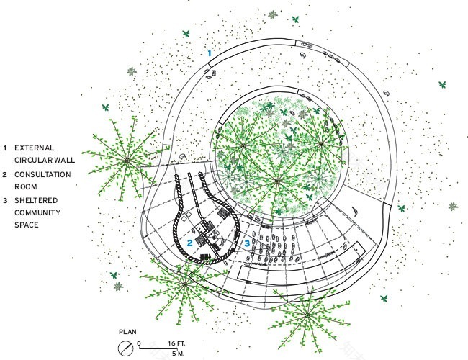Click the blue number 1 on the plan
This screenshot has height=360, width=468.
pyautogui.click(x=210, y=53)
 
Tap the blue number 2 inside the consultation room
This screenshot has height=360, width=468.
pyautogui.click(x=190, y=243)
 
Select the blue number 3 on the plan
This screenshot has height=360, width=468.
pyautogui.click(x=247, y=243)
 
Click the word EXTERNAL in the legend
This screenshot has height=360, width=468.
pyautogui.click(x=35, y=148)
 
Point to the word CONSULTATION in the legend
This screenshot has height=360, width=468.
pyautogui.click(x=42, y=175)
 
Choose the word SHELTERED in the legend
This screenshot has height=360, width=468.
pyautogui.click(x=36, y=200)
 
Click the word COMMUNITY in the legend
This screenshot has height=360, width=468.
pyautogui.click(x=37, y=213)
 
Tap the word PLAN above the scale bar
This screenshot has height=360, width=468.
pyautogui.click(x=127, y=332)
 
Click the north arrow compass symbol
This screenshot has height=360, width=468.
pyautogui.click(x=126, y=348)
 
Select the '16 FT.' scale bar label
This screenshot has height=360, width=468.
pyautogui.click(x=176, y=343)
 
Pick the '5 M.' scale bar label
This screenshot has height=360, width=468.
pyautogui.click(x=178, y=354)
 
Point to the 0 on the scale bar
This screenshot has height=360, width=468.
pyautogui.click(x=139, y=343)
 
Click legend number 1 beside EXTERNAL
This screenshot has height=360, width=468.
pyautogui.click(x=5, y=148)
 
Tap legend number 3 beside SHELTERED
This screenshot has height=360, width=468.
pyautogui.click(x=5, y=201)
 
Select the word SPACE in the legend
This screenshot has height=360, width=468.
pyautogui.click(x=27, y=225)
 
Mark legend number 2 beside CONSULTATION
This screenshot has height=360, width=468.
pyautogui.click(x=5, y=175)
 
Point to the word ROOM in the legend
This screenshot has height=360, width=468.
pyautogui.click(x=26, y=187)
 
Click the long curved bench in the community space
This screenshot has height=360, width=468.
pyautogui.click(x=299, y=269)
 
